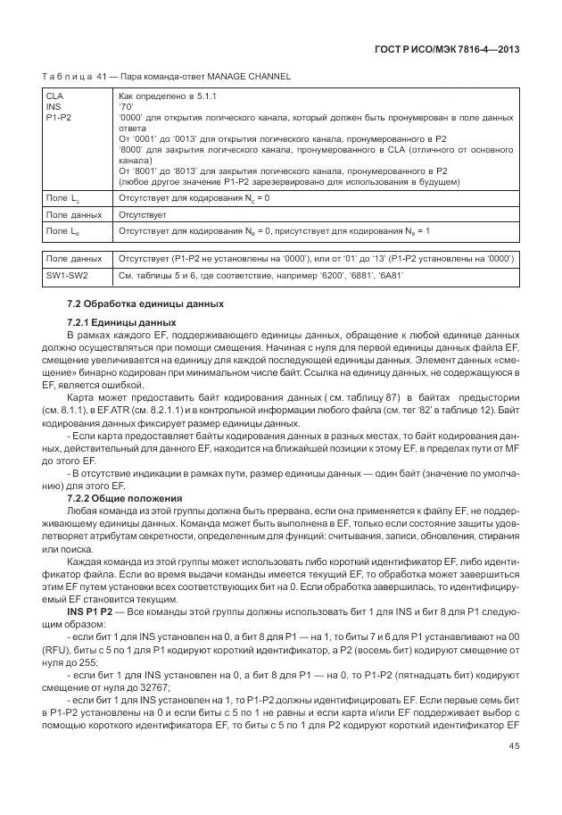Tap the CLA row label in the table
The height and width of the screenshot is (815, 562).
tap(55, 95)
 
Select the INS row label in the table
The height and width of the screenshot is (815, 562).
tap(54, 105)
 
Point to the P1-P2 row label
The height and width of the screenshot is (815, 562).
tap(60, 116)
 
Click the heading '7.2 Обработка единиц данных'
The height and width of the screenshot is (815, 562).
tap(145, 304)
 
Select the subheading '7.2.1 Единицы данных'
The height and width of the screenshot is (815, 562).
tap(121, 321)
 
